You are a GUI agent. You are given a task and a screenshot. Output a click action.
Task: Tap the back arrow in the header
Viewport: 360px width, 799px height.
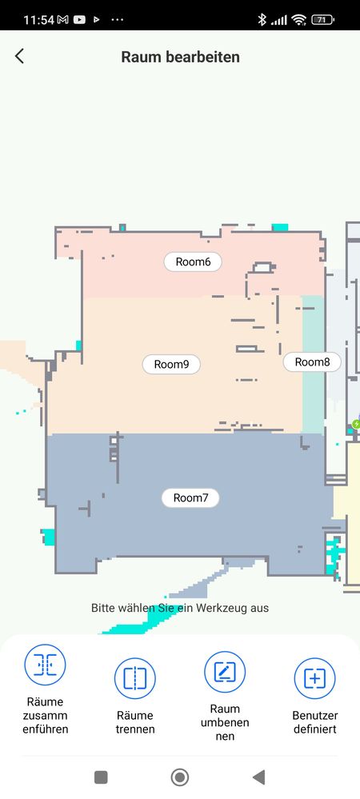pyautogui.click(x=19, y=56)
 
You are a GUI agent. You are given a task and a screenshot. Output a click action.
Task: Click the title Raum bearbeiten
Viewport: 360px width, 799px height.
pyautogui.click(x=180, y=57)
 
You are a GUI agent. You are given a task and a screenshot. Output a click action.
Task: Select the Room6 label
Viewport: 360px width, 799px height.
pyautogui.click(x=193, y=262)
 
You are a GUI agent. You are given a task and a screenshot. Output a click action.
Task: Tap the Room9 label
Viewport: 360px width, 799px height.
pyautogui.click(x=171, y=365)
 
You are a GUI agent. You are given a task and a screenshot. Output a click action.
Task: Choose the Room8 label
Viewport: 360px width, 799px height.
pyautogui.click(x=312, y=362)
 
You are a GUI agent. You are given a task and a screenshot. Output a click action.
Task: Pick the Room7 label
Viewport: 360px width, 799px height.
pyautogui.click(x=190, y=497)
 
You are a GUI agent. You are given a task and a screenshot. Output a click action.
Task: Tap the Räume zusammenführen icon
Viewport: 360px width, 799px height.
pyautogui.click(x=45, y=665)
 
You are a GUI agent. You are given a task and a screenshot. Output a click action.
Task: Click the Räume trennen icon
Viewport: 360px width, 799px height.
pyautogui.click(x=134, y=678)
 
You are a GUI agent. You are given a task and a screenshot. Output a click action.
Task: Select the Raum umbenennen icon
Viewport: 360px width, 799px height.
pyautogui.click(x=225, y=672)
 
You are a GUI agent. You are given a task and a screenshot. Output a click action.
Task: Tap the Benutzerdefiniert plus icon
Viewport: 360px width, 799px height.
pyautogui.click(x=314, y=678)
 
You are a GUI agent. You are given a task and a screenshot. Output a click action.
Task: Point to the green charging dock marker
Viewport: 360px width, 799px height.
pyautogui.click(x=356, y=424)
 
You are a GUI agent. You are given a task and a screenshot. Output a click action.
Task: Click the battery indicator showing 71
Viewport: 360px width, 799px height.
pyautogui.click(x=322, y=20)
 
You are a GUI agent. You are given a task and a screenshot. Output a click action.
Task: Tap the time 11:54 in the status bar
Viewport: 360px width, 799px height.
pyautogui.click(x=38, y=20)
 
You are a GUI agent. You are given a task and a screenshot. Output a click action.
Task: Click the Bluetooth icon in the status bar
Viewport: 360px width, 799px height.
pyautogui.click(x=262, y=20)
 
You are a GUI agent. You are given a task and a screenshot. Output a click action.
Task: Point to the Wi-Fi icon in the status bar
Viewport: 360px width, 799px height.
pyautogui.click(x=299, y=20)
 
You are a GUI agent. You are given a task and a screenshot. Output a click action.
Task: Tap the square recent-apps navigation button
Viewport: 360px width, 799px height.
pyautogui.click(x=101, y=777)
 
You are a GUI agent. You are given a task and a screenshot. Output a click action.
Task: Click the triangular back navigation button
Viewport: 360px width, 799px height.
pyautogui.click(x=258, y=777)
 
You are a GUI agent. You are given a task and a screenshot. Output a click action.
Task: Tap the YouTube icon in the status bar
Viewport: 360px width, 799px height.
pyautogui.click(x=79, y=20)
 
